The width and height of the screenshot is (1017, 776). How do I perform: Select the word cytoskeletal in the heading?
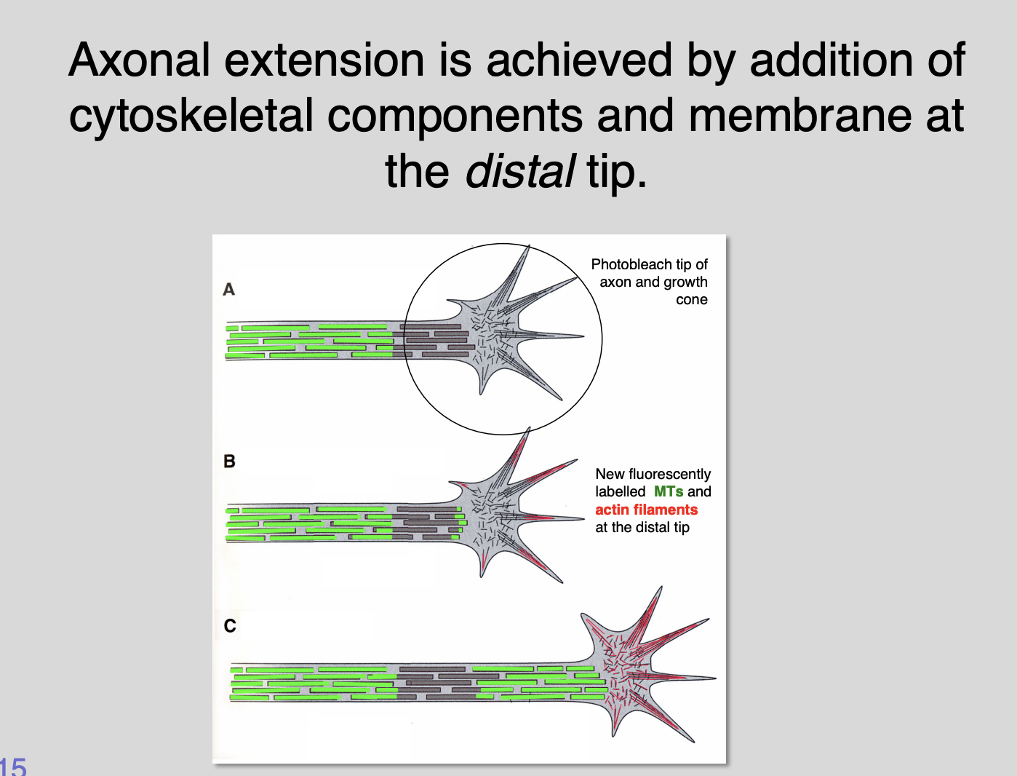coord(191,116)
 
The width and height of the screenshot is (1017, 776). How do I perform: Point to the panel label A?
coord(228,290)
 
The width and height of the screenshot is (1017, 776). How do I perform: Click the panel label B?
coord(229,462)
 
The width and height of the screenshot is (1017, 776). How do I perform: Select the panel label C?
coord(230,626)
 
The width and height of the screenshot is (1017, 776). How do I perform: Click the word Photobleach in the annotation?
coord(626,264)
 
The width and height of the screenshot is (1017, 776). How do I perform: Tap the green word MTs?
coord(668,491)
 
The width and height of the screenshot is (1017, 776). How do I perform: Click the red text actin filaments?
coord(646,510)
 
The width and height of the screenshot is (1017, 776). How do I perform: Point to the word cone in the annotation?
coord(691,300)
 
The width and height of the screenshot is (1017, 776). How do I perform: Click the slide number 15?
coord(13,767)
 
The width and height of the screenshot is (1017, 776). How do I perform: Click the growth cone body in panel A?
coord(495,331)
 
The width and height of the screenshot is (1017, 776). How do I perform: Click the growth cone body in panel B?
coord(495,510)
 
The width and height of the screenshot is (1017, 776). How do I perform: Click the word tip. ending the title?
coord(617,172)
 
